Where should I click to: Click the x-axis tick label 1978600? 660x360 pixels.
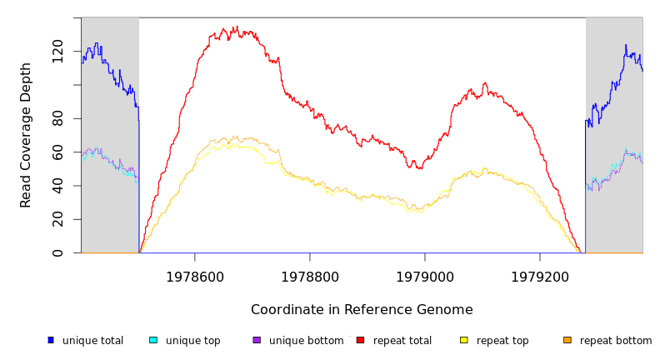coord(195,277)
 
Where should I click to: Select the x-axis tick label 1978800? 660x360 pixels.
coord(310,277)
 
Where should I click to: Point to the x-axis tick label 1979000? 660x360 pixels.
coord(425,277)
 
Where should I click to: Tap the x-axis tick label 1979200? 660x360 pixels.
coord(540,277)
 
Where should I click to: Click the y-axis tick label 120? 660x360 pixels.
coord(57,51)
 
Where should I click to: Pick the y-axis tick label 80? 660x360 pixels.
coord(57,118)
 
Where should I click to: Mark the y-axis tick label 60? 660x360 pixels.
coord(57,152)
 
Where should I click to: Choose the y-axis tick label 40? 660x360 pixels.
coord(57,186)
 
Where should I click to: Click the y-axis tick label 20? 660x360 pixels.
coord(57,219)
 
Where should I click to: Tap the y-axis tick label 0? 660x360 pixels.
coord(57,252)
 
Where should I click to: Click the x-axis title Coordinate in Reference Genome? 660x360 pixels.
coord(362,310)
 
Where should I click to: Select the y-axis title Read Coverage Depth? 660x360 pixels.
coord(26,135)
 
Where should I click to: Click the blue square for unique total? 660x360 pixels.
coord(51,340)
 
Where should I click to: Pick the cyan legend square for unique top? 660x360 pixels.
coord(153,340)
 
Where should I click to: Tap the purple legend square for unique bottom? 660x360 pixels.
coord(257,340)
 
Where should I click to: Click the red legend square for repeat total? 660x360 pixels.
coord(360,340)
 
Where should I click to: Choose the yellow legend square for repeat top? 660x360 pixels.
coord(464,340)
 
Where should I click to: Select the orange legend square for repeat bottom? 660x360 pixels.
coord(567,340)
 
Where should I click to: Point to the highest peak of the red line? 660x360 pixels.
coord(236,27)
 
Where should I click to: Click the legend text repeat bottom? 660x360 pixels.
coord(616,341)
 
